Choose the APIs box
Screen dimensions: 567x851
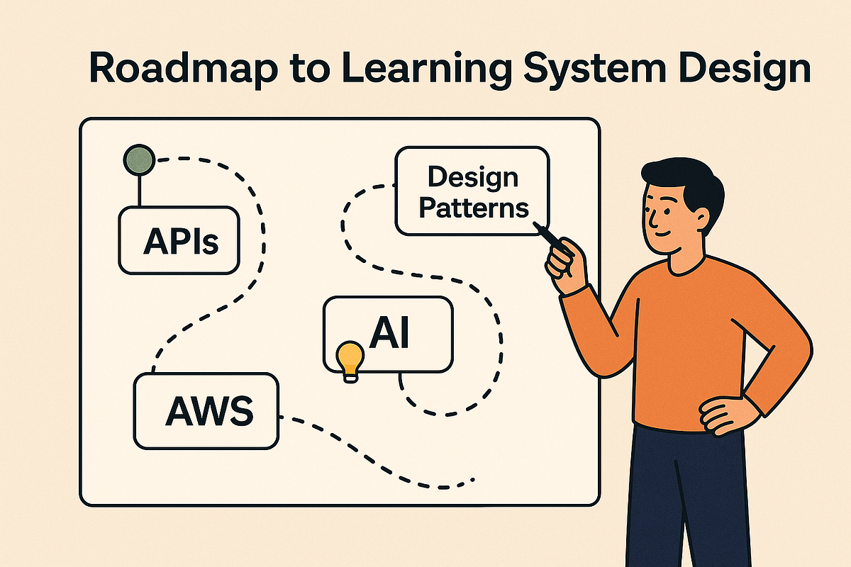click(180, 240)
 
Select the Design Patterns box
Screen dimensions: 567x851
click(472, 191)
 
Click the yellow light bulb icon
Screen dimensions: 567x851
click(350, 359)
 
